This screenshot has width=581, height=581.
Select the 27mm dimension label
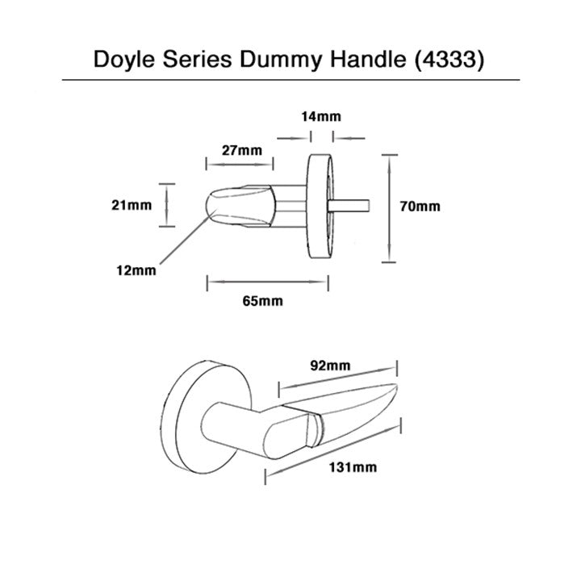242,150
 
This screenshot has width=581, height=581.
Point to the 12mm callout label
136,270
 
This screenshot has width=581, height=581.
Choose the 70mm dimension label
420,206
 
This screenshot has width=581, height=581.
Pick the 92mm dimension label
331,365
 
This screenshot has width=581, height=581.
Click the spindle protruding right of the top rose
351,203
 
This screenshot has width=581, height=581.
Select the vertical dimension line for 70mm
391,208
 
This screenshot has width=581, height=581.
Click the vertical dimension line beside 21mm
168,206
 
